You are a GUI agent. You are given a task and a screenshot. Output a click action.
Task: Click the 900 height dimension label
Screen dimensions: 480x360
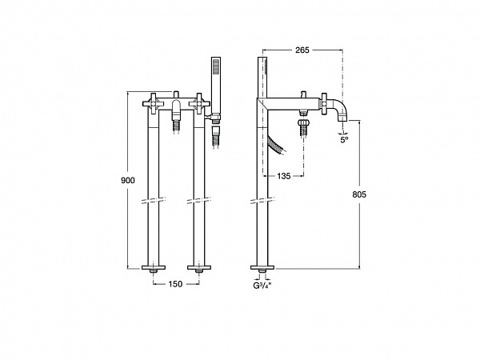pos(128,180)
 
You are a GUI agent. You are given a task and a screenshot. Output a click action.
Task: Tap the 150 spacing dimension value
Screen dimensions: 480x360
pos(175,284)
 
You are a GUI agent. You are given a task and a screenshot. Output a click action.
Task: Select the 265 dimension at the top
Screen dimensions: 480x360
pos(302,50)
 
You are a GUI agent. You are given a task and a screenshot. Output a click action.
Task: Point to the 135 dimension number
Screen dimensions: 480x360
pos(284,176)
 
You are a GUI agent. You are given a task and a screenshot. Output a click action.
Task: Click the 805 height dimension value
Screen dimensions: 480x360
pos(359,194)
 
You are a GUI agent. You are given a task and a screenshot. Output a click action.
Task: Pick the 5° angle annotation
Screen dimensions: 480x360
pos(344,140)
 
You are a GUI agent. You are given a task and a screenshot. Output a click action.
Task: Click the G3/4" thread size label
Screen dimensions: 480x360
pos(262,286)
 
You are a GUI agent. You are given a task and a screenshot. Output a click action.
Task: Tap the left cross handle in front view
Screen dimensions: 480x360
pos(153,104)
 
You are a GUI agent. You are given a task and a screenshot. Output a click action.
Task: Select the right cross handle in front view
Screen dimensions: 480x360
pos(199,104)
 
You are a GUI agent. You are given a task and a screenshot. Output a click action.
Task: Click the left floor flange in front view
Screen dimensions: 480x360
pos(154,268)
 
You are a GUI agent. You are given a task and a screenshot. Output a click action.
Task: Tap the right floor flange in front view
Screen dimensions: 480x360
pos(199,268)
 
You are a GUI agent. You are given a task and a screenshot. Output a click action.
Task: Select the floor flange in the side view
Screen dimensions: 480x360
pos(262,268)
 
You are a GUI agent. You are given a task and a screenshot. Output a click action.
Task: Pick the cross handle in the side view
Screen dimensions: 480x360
pos(323,104)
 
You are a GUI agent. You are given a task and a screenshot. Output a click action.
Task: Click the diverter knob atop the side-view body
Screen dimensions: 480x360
pos(302,94)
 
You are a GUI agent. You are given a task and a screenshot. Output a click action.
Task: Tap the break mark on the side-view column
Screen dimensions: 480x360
pos(262,201)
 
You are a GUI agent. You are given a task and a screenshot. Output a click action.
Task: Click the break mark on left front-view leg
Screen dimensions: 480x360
pos(154,201)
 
